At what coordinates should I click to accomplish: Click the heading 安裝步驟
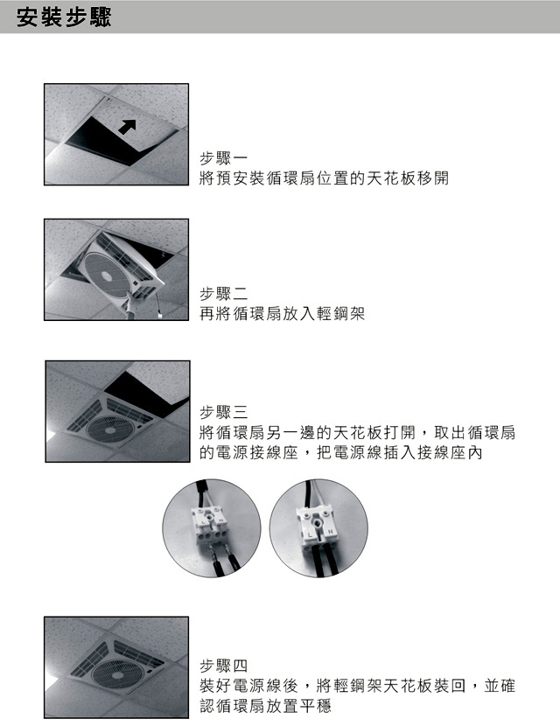(64, 17)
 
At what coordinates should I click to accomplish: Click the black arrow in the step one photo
(127, 126)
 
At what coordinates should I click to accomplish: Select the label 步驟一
(223, 158)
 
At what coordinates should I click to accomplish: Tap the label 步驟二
(223, 294)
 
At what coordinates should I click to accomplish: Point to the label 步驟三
(223, 412)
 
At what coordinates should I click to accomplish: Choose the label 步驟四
(223, 666)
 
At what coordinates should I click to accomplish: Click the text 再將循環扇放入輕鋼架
(282, 314)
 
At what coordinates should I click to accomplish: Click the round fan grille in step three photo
(109, 430)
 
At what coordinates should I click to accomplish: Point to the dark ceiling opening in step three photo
(146, 392)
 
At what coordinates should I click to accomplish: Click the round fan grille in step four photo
(115, 675)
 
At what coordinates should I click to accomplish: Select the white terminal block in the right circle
(318, 525)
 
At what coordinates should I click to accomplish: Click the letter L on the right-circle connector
(311, 535)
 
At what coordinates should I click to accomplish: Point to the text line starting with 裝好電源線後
(357, 686)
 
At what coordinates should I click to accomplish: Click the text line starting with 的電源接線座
(341, 452)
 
